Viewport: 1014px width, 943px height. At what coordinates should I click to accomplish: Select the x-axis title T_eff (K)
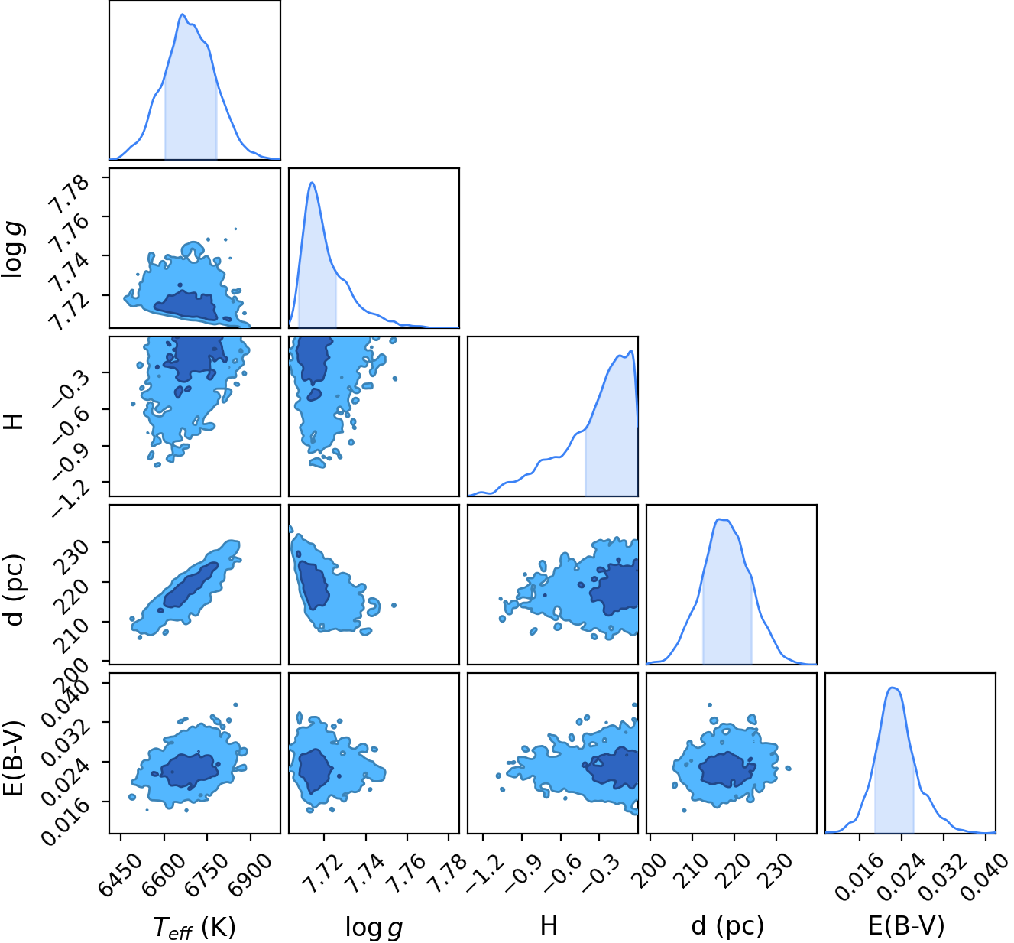[x=194, y=925]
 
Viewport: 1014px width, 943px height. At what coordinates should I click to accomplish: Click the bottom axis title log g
[x=374, y=926]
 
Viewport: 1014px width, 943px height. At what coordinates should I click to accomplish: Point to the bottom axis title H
[x=549, y=925]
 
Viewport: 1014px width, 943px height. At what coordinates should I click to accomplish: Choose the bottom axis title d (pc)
[x=727, y=925]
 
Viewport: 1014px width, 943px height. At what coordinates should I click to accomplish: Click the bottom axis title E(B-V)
[x=906, y=925]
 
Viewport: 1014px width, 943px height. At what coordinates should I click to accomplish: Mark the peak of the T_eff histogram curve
[x=183, y=15]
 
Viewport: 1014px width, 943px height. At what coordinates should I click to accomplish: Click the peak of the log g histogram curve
[x=312, y=183]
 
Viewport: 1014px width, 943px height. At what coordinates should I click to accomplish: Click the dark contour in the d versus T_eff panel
[x=189, y=585]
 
